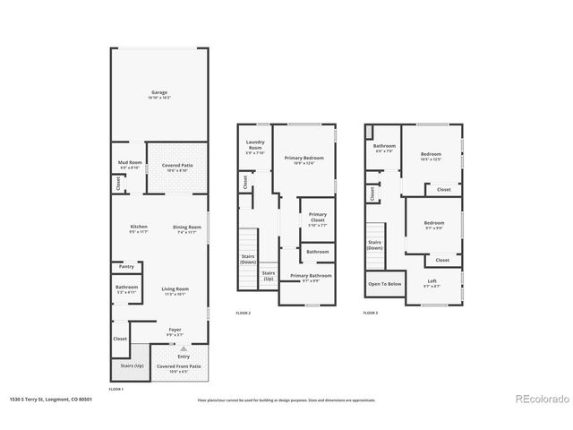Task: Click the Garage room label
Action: [159, 93]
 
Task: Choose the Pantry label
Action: [126, 266]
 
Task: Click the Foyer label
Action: [175, 331]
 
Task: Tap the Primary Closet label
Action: [318, 217]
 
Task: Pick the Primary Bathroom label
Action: [311, 277]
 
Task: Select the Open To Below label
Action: [384, 284]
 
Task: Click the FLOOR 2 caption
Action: [243, 313]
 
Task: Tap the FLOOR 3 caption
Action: [370, 313]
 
